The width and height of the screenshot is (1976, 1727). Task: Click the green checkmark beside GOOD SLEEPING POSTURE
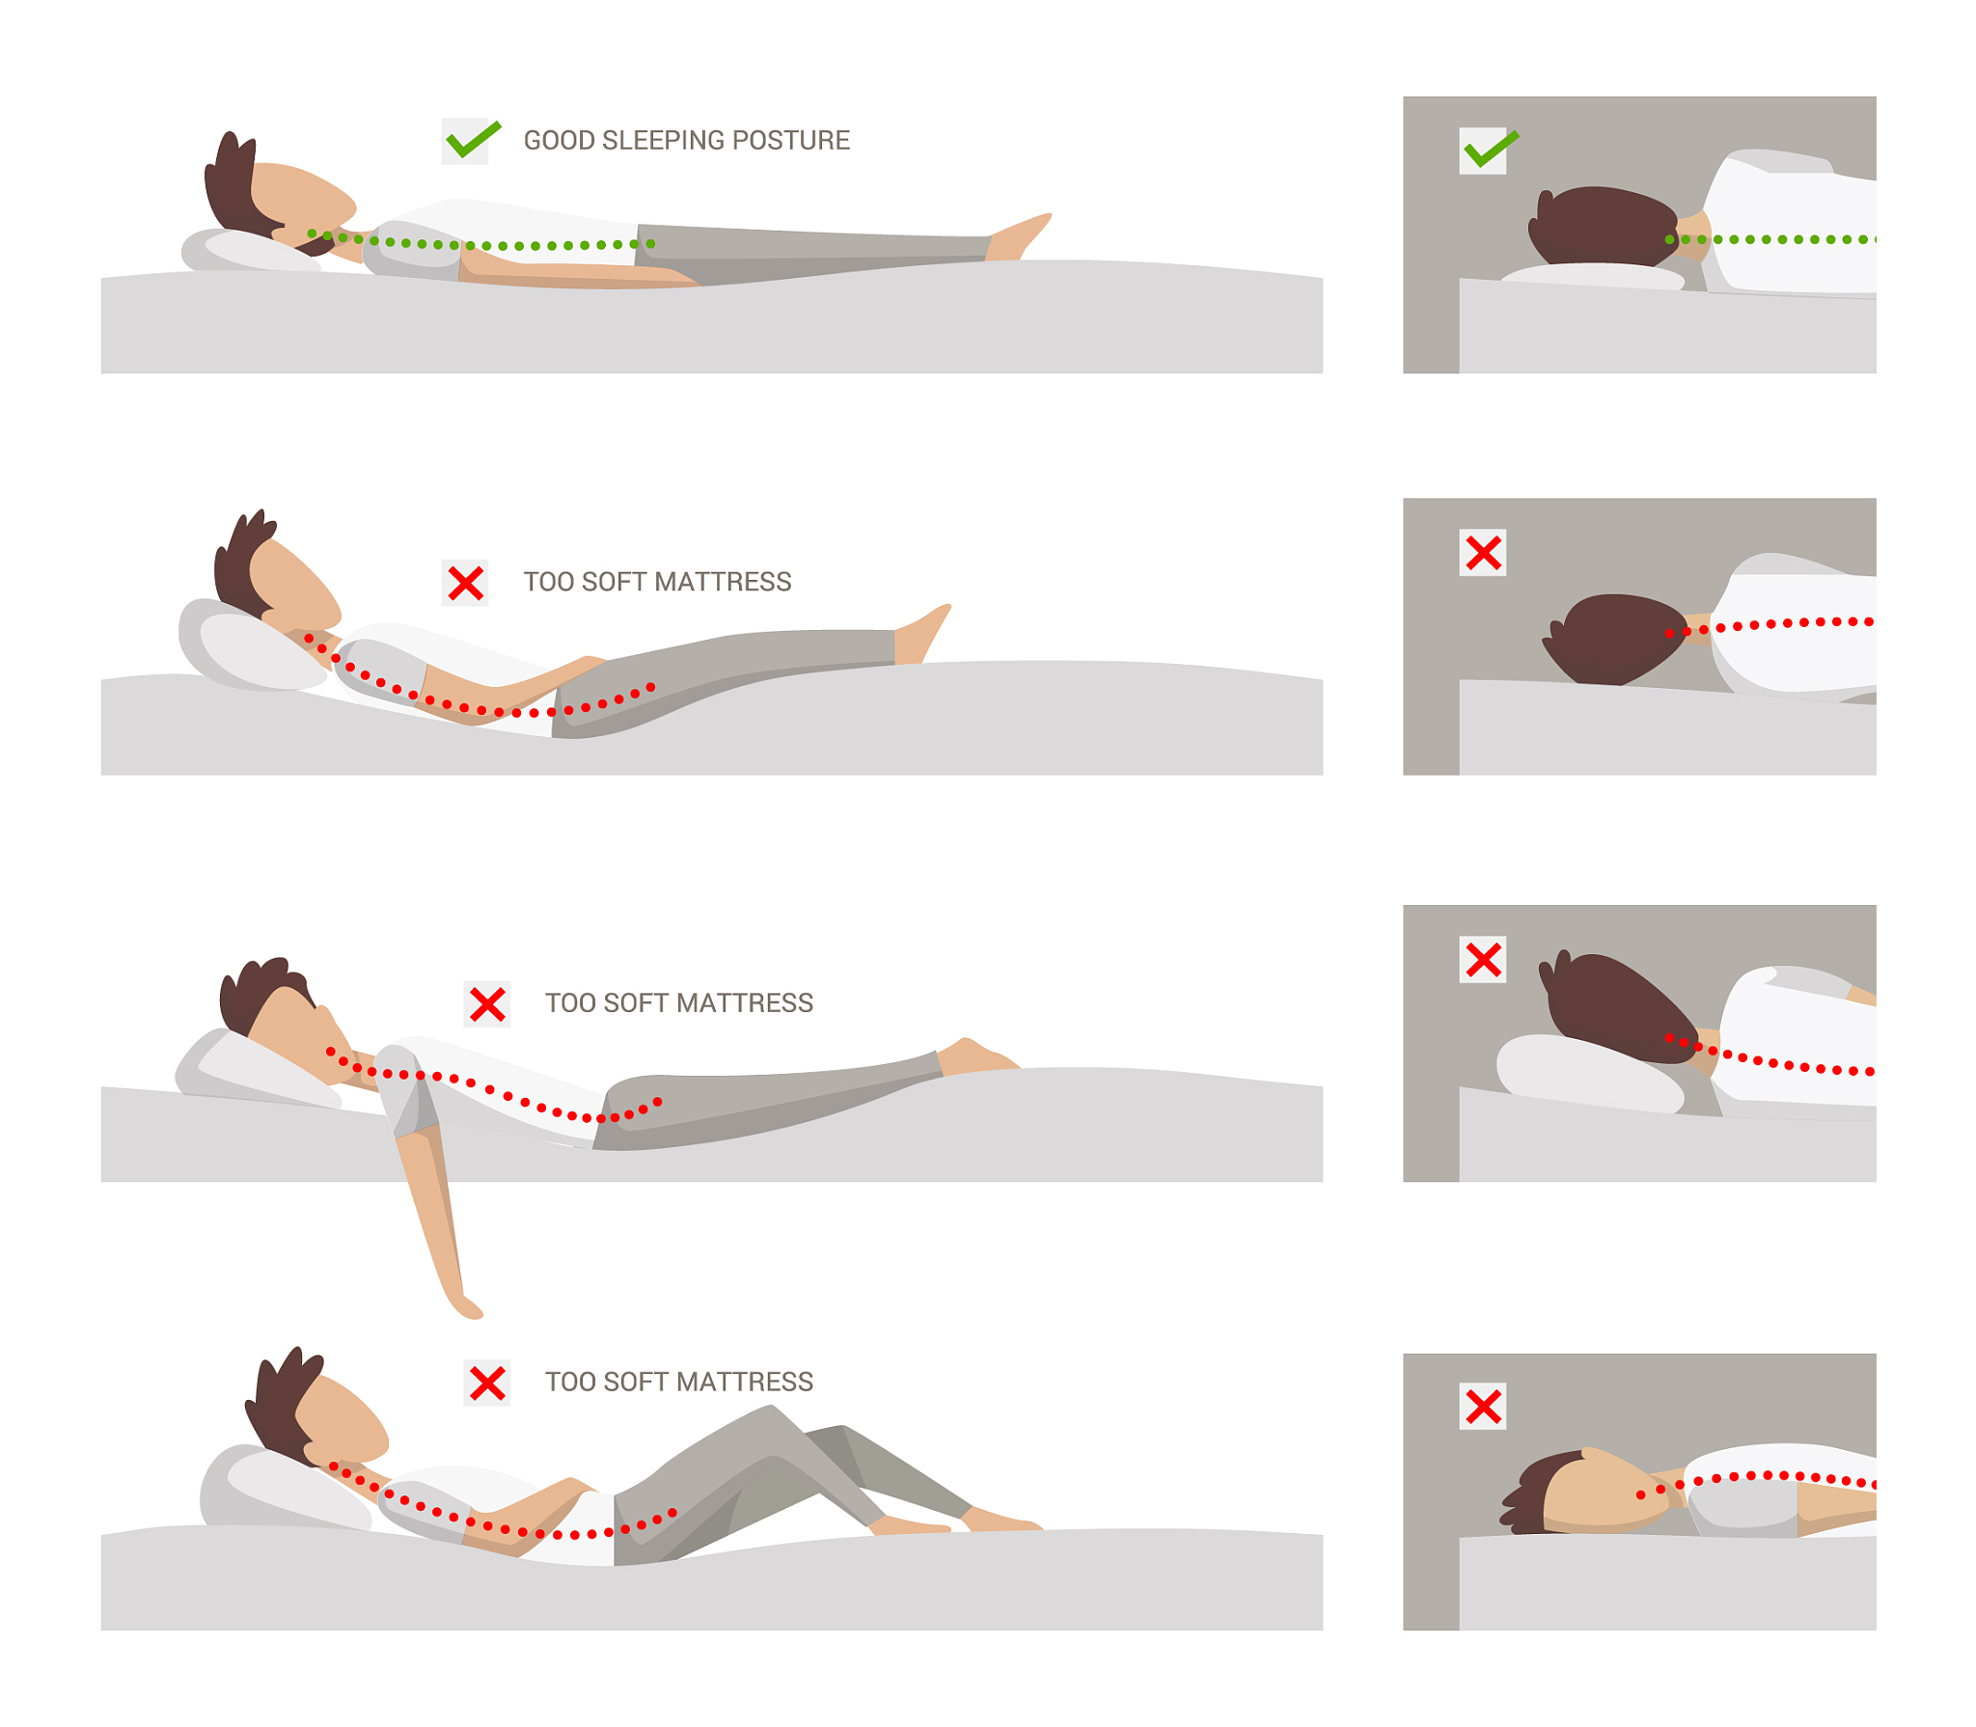(x=473, y=141)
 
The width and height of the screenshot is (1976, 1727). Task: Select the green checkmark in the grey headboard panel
(x=1491, y=150)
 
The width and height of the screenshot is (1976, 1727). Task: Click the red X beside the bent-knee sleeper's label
(x=487, y=1383)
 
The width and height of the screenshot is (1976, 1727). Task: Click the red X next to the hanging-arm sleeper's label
(x=487, y=1003)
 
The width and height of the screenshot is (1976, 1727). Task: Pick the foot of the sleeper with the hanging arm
(x=976, y=1055)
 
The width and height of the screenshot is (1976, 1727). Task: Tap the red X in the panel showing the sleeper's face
(x=1483, y=1406)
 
